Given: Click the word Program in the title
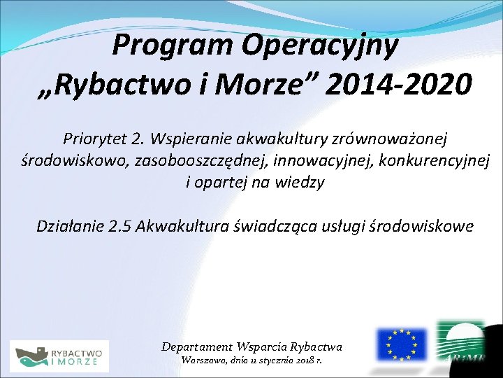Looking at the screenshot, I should coord(174,46).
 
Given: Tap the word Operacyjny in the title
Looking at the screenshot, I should coord(321,46).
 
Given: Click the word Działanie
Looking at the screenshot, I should coord(69,226).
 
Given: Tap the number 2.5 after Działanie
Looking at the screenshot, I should coord(121,226).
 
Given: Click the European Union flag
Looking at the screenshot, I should coord(401,344).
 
